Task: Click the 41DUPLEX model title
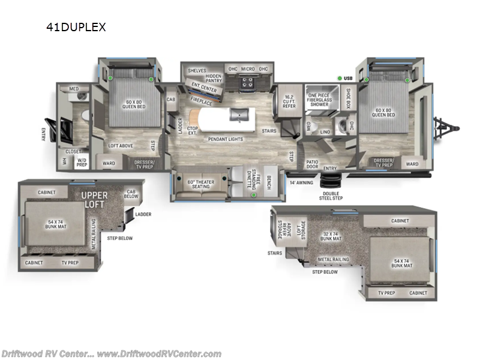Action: (76, 27)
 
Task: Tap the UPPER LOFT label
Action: (94, 200)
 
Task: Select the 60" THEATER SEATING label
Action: (200, 184)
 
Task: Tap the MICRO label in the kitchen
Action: (248, 69)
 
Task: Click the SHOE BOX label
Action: (348, 97)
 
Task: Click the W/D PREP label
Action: (82, 162)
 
